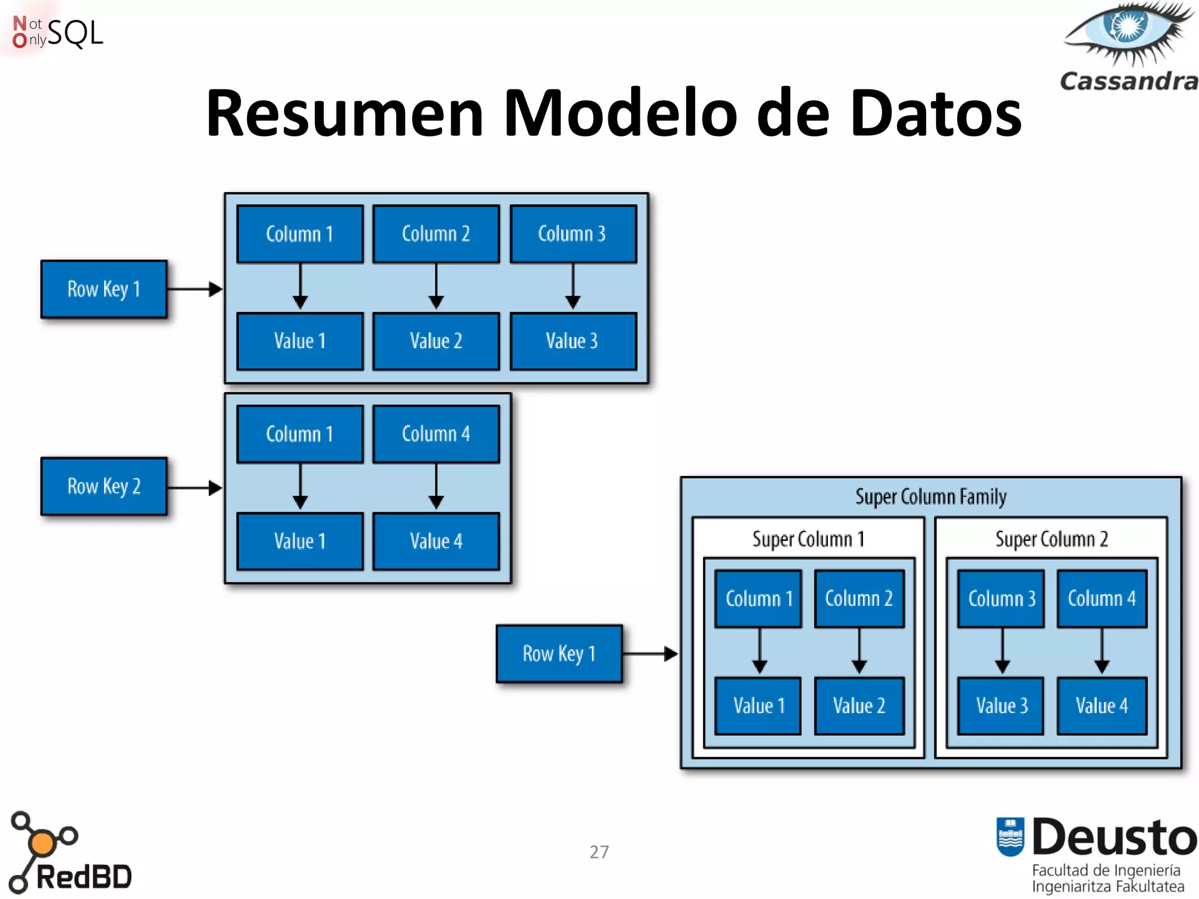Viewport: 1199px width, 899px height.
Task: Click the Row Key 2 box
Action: (104, 486)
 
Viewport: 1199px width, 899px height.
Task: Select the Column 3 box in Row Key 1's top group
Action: (573, 234)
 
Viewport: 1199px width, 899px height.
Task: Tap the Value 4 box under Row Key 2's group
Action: (436, 541)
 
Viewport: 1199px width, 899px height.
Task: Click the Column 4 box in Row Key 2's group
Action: (436, 434)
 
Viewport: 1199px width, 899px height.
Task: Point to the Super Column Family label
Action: (931, 497)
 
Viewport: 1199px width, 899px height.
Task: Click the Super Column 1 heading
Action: (808, 539)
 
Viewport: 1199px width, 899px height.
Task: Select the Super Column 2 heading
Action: (1051, 539)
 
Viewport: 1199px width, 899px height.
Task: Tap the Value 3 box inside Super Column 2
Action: (1001, 706)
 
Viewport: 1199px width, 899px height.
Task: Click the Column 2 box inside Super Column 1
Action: (859, 599)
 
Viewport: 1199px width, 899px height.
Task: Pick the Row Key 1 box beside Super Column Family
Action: (559, 654)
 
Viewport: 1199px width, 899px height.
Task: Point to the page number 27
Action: (599, 852)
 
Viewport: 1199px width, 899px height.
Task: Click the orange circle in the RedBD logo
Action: (42, 843)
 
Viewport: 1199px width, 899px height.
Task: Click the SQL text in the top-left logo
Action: (75, 33)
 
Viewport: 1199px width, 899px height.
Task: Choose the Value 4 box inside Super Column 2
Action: (1101, 706)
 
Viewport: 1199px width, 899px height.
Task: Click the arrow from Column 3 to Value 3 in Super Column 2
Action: (1002, 651)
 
